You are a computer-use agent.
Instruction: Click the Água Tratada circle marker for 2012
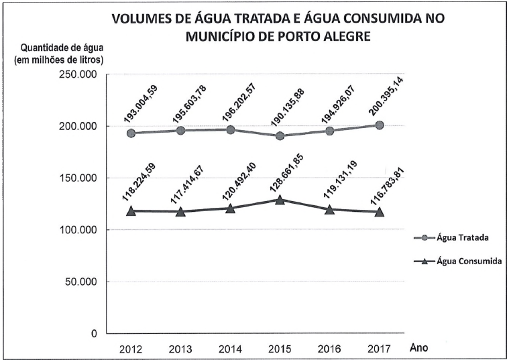(x=131, y=133)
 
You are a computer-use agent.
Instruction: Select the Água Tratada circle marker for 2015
(x=280, y=136)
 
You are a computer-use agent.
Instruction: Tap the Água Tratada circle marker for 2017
(x=380, y=125)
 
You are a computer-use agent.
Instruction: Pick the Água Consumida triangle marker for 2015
(x=280, y=199)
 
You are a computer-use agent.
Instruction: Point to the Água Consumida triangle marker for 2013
(x=181, y=212)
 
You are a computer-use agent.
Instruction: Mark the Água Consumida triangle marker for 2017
(x=380, y=212)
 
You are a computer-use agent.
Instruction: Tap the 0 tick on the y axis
(x=94, y=333)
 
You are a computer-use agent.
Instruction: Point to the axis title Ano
(x=418, y=347)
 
